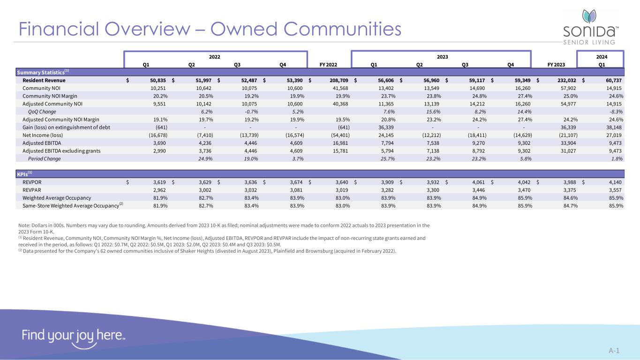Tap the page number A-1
point(614,351)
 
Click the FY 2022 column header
point(328,65)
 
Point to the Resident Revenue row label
point(44,80)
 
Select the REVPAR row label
point(32,190)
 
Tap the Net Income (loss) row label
point(43,135)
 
